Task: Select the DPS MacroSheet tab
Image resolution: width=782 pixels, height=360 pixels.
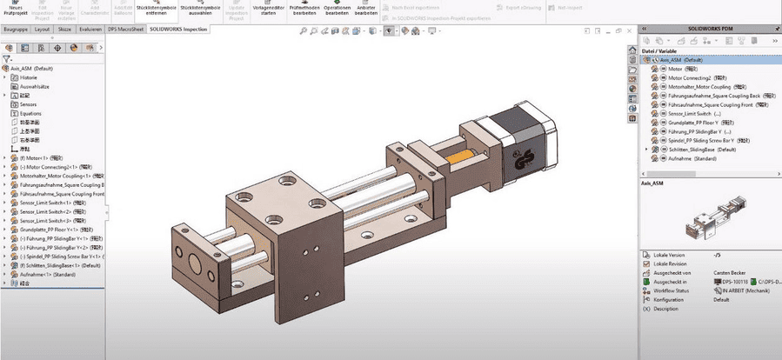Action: tap(124, 29)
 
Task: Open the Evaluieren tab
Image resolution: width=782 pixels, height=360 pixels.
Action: tap(89, 29)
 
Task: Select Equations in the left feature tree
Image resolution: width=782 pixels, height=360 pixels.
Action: tap(31, 113)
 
